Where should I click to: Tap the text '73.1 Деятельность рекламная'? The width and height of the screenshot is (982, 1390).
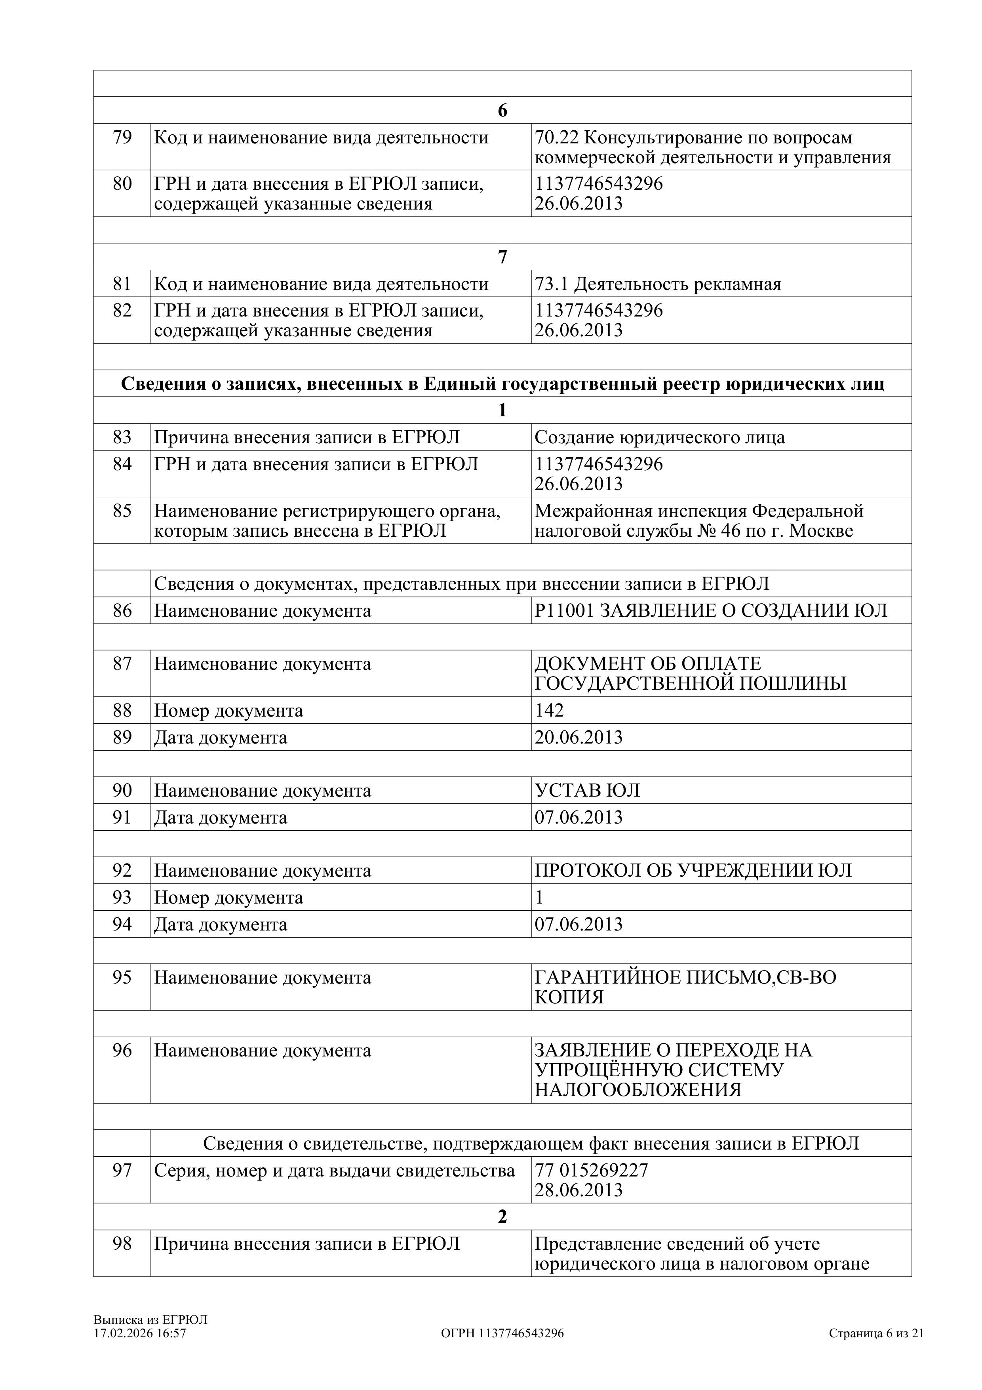[x=658, y=284]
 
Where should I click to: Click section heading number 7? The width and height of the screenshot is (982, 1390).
[x=502, y=257]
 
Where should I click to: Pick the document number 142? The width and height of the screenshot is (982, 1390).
[x=549, y=710]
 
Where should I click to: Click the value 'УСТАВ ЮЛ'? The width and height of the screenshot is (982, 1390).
[x=587, y=791]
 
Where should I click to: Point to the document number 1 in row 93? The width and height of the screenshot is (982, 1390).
[x=539, y=897]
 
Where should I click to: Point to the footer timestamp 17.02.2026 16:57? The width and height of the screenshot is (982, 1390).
[x=140, y=1333]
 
